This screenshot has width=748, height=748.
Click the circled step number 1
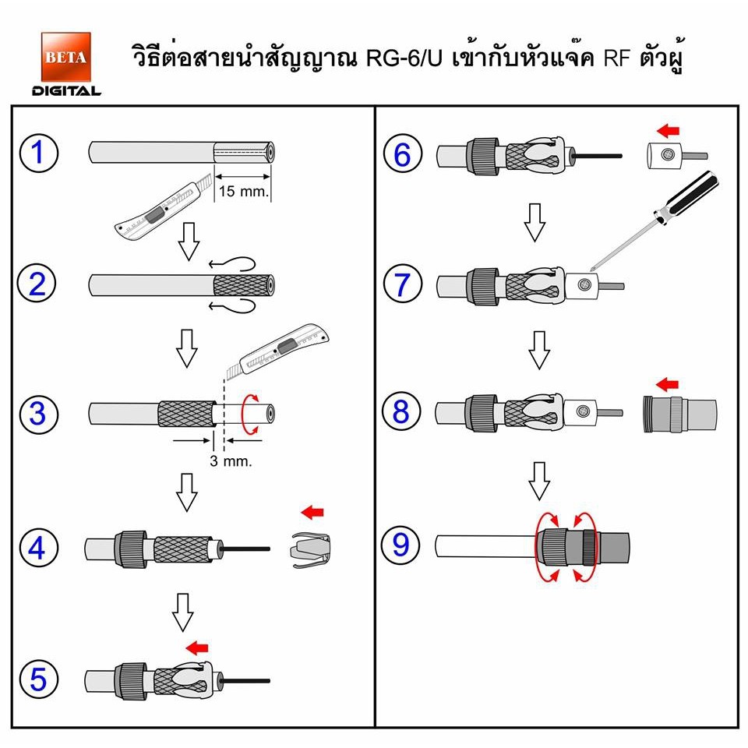[x=39, y=153]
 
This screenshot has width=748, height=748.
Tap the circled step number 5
[x=39, y=679]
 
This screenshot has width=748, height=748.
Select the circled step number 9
[x=400, y=545]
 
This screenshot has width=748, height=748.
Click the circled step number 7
[x=403, y=284]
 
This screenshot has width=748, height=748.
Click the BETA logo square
[x=65, y=57]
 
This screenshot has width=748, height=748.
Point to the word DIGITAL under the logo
[x=66, y=90]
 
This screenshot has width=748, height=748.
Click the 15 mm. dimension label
[x=244, y=192]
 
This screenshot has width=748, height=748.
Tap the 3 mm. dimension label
[x=231, y=460]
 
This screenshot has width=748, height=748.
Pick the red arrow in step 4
[x=312, y=513]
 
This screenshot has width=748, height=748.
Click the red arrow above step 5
[x=197, y=647]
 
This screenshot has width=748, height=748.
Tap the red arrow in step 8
[x=667, y=384]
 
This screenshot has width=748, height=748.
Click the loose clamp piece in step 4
[x=311, y=549]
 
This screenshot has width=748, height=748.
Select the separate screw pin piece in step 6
[x=677, y=156]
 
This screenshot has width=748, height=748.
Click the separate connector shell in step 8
[x=679, y=414]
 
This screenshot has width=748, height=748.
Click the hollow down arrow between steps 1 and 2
[x=189, y=241]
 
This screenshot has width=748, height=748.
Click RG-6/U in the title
[x=404, y=58]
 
